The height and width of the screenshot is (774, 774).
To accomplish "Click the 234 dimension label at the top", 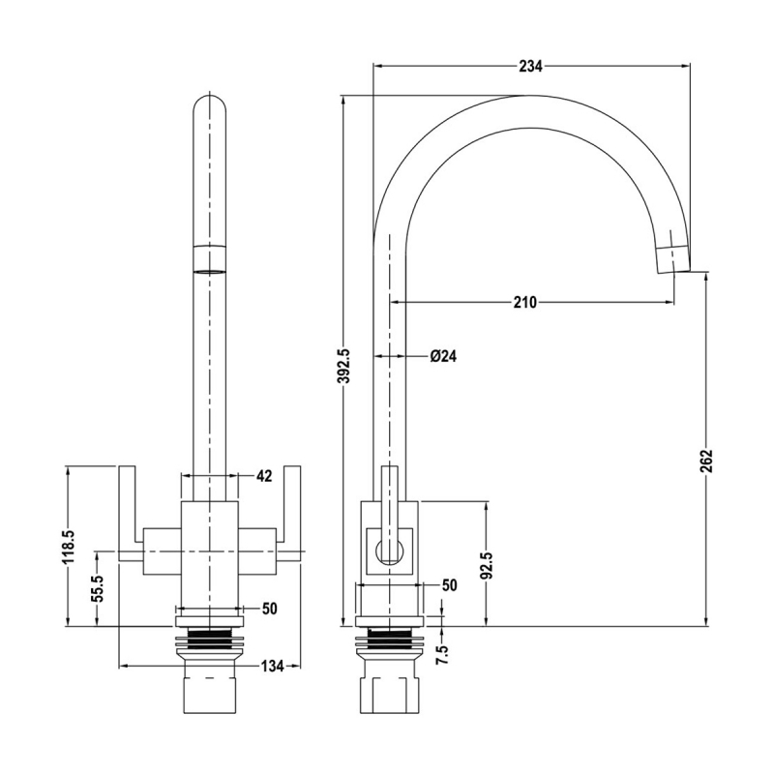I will tap(530, 66).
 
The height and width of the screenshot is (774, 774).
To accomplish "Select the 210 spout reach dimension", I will tap(524, 303).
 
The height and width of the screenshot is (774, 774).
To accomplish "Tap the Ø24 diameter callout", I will tap(443, 356).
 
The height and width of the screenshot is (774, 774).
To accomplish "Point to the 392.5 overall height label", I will tap(343, 366).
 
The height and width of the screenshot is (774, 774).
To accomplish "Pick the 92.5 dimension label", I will tap(488, 564).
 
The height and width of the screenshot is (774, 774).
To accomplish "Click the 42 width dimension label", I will tap(265, 476).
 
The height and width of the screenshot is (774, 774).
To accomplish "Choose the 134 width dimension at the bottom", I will tap(272, 666).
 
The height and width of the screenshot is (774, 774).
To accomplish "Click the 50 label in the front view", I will tap(270, 608).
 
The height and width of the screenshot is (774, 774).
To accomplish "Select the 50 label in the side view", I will tap(449, 585).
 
